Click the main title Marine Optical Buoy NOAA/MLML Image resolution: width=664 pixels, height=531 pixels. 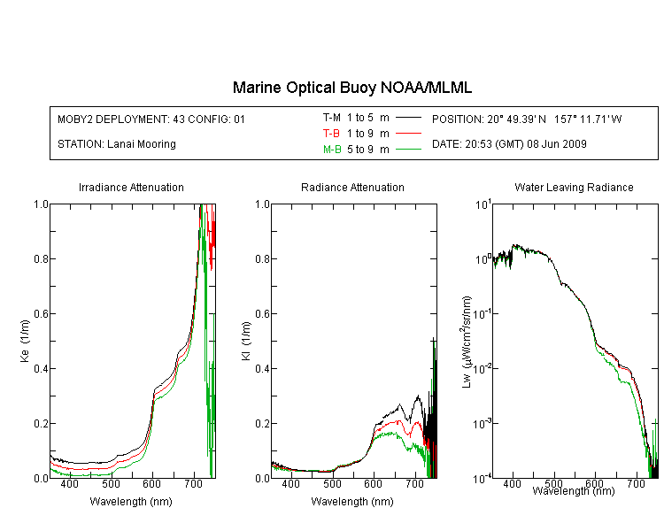click(351, 88)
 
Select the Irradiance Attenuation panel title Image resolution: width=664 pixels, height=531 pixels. click(131, 187)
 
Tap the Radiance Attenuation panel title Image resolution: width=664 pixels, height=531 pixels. click(352, 187)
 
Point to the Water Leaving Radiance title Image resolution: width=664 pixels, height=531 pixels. click(574, 187)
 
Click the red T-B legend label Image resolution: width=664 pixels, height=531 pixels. click(331, 134)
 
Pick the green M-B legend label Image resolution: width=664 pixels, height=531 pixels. click(332, 150)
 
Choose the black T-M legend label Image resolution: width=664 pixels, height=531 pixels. click(332, 118)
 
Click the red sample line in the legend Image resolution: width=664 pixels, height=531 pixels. click(408, 134)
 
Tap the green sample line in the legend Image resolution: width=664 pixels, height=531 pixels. click(408, 150)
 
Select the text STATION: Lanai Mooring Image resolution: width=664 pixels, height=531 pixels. click(117, 144)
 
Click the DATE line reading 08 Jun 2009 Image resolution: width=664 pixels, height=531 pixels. click(509, 144)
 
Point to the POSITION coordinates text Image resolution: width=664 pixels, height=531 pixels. click(527, 119)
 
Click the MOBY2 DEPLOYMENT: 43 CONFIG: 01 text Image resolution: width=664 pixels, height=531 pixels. click(151, 119)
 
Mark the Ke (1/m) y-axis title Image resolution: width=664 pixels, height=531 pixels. click(25, 342)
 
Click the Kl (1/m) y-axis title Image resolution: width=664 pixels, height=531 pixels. click(246, 342)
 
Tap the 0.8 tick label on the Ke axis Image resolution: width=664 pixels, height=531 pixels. click(41, 258)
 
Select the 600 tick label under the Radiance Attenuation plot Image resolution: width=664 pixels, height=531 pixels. click(374, 483)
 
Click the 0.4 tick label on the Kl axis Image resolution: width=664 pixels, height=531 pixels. click(263, 369)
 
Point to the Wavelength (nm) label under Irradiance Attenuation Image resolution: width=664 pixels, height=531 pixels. click(131, 502)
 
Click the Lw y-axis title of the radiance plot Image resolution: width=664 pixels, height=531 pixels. click(467, 342)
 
